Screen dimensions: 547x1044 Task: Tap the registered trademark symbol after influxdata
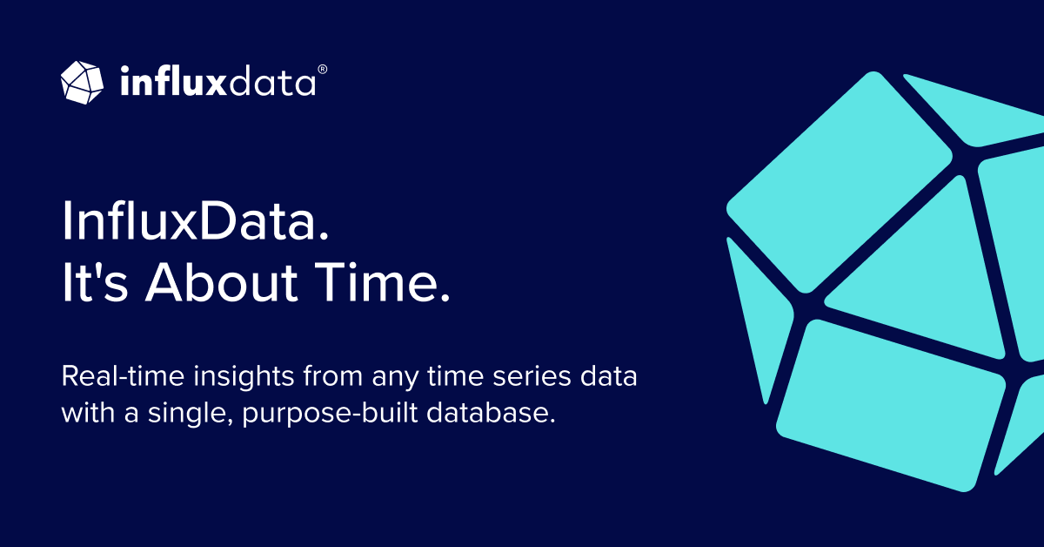(322, 67)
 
